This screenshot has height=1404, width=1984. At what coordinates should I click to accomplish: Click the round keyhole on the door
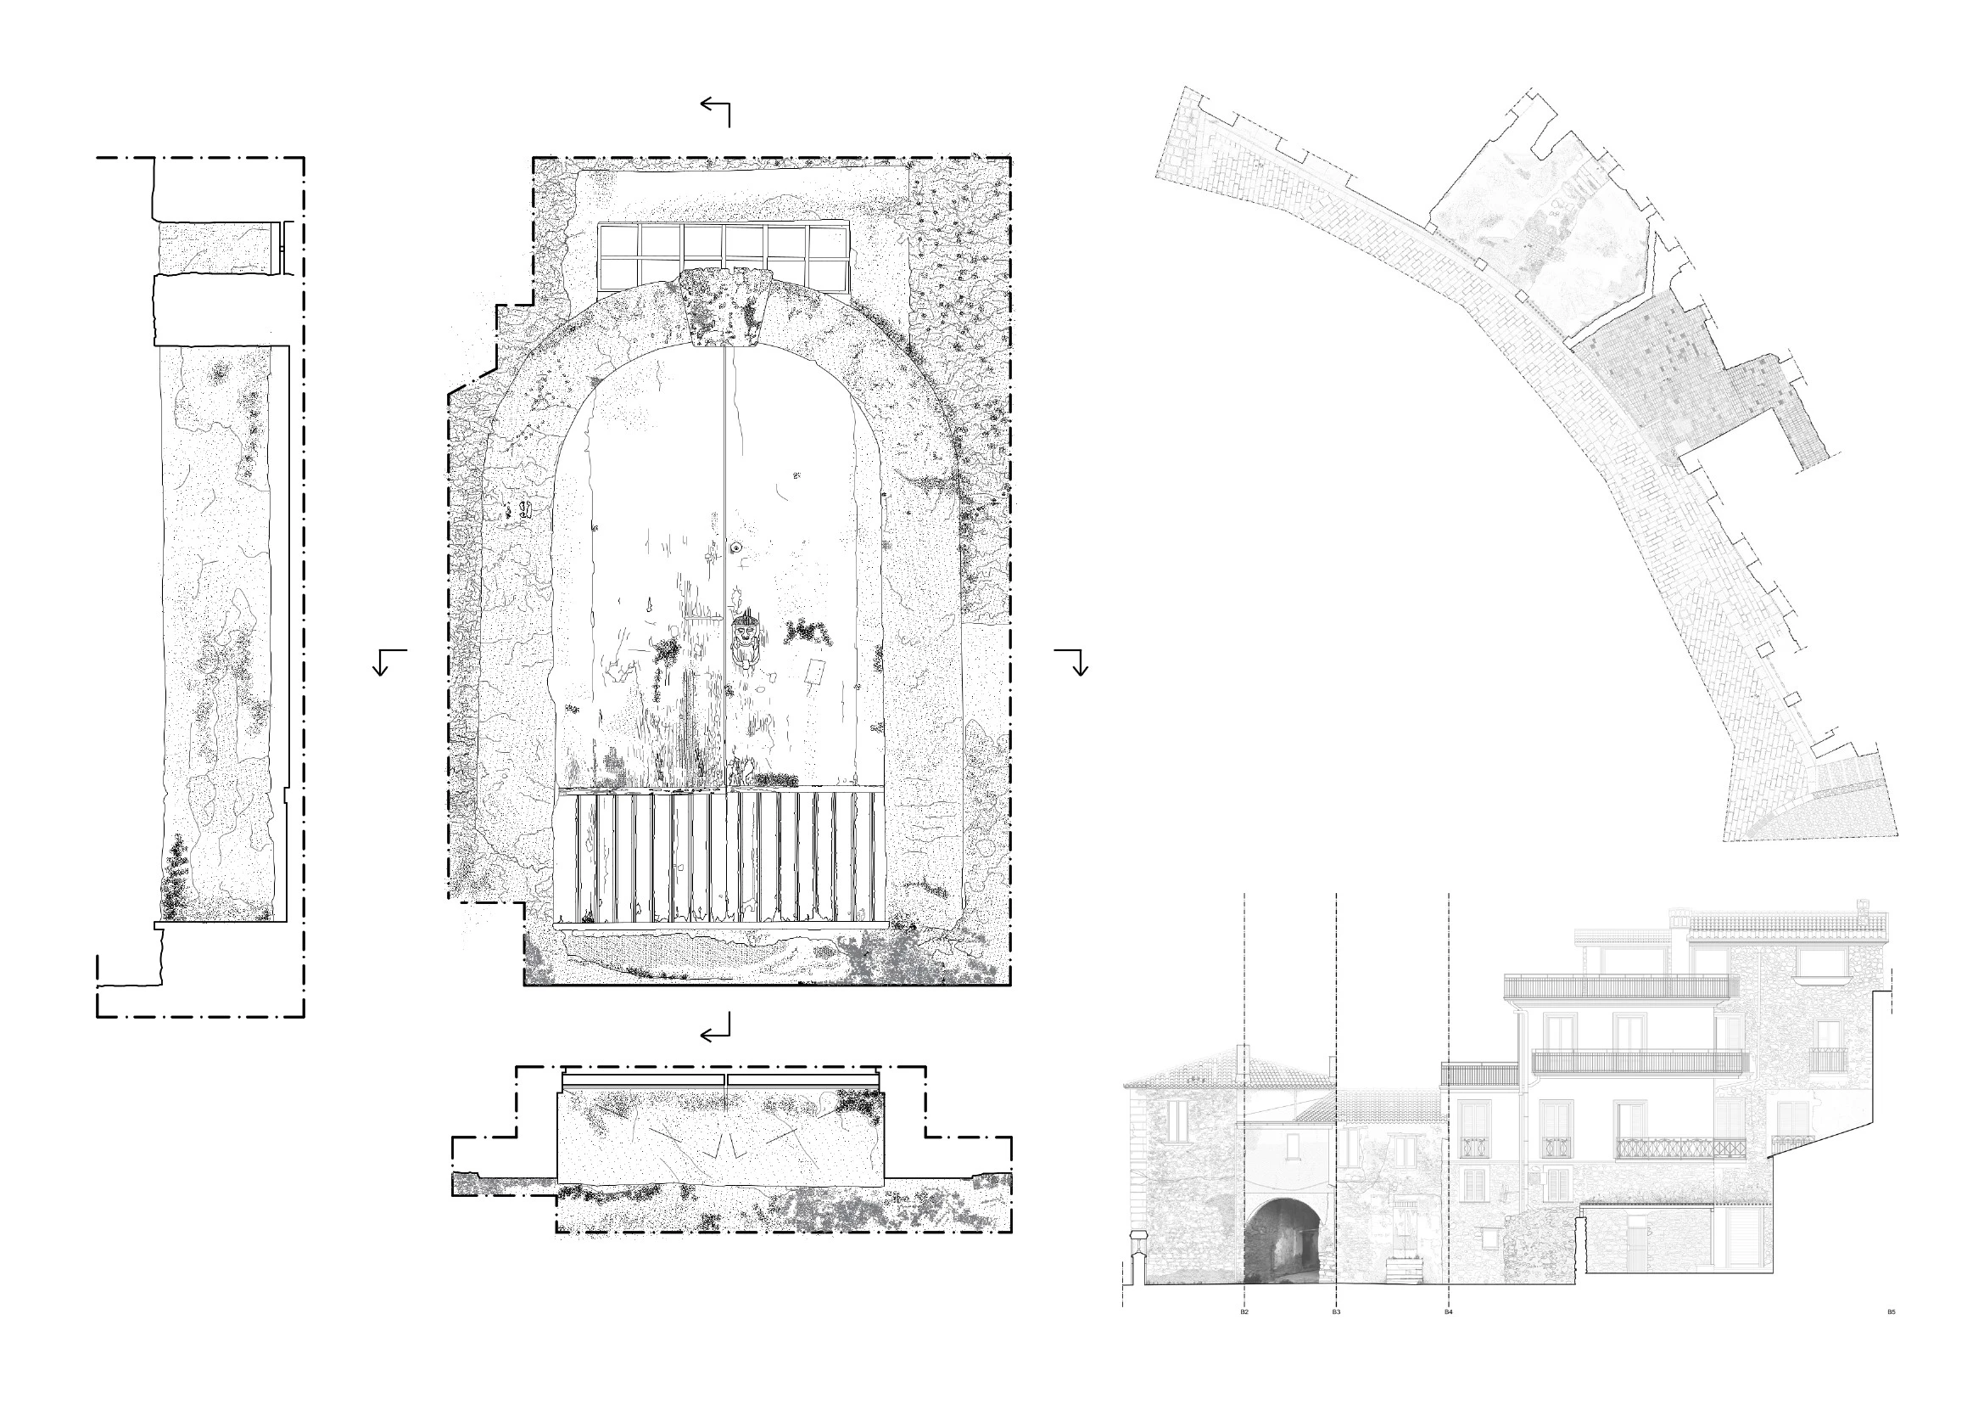736,548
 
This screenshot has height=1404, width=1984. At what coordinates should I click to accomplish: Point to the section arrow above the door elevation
716,112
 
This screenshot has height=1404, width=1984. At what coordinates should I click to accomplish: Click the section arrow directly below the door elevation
716,1028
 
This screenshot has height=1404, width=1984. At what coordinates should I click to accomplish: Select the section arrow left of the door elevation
389,662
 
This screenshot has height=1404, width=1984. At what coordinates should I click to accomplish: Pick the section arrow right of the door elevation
1071,662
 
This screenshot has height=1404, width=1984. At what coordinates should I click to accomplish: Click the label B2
1244,1312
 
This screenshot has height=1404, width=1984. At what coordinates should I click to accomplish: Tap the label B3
1336,1312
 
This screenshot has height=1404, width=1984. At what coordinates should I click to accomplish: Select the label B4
1448,1312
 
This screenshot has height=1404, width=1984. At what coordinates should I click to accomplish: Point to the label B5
1891,1312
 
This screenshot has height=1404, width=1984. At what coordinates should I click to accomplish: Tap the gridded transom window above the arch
724,258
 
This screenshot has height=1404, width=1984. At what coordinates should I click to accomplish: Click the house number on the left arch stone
518,511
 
